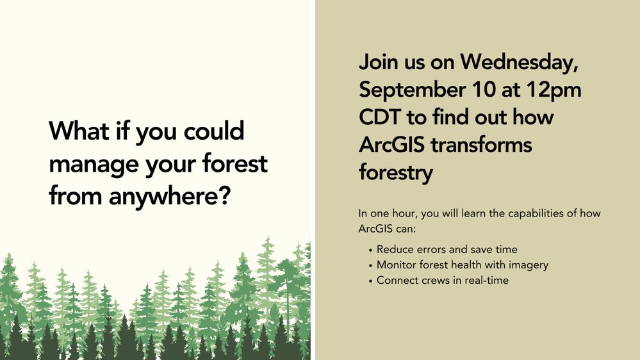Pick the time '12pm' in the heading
[558, 90]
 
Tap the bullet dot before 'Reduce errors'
[371, 250]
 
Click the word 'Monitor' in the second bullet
[396, 265]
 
